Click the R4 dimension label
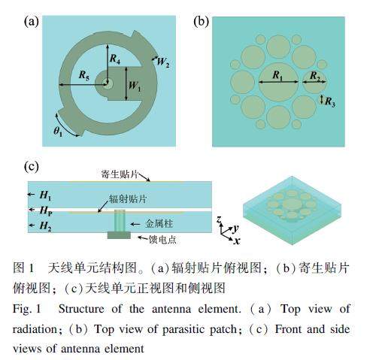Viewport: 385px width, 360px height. tap(115, 59)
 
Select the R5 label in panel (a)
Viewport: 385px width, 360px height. tap(84, 75)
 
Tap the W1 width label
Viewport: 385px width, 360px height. tap(135, 86)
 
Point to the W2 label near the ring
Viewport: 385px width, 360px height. tap(163, 62)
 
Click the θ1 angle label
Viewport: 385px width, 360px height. tap(58, 132)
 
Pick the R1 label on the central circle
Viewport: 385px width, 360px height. tap(277, 75)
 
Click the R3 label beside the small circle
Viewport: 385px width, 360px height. tap(330, 101)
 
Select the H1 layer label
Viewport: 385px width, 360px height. tap(45, 195)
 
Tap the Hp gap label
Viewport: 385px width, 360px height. tap(46, 210)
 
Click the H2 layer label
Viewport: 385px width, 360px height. tap(46, 225)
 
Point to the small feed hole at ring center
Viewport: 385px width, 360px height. tap(108, 84)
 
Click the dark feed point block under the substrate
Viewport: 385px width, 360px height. tap(119, 235)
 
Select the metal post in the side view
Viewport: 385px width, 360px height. tap(120, 221)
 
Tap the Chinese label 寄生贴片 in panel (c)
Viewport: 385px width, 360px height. tap(120, 174)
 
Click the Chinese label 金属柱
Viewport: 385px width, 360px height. tap(159, 223)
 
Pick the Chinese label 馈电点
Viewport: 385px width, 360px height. tap(162, 240)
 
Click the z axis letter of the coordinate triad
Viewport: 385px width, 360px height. tap(220, 219)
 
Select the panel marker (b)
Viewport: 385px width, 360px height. tap(201, 22)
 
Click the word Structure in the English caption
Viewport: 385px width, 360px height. tap(81, 309)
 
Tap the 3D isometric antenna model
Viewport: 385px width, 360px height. tap(292, 210)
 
